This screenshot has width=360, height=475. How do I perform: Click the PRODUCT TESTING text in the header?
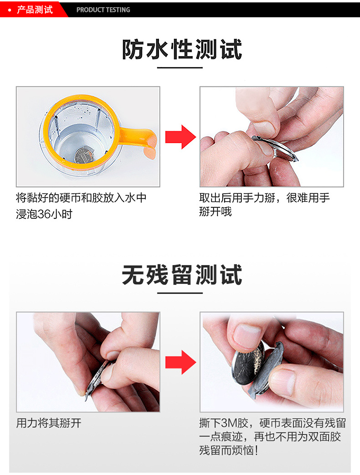103,10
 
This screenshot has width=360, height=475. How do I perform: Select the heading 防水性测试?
181,49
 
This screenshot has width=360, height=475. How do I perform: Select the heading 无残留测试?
181,275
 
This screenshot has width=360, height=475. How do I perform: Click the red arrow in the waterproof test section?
180,137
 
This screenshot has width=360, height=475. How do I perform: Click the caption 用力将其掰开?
49,423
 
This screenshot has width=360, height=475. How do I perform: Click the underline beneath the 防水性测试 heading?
180,68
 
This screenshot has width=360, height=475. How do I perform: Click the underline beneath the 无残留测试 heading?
180,293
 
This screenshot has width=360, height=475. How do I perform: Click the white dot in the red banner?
10,10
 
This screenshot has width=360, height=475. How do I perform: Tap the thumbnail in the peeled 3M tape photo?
248,334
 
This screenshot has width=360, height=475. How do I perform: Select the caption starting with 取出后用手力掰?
264,204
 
